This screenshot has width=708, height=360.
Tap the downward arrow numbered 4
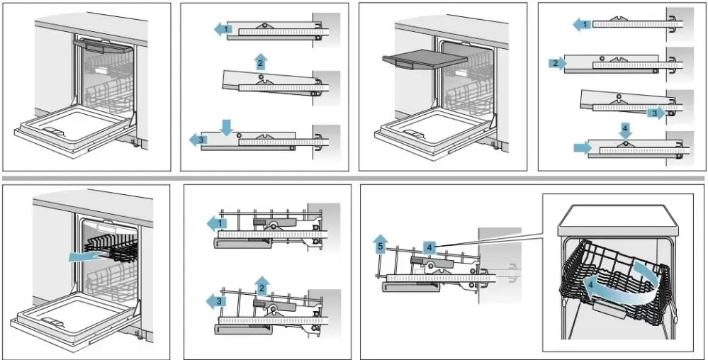[x=624, y=130]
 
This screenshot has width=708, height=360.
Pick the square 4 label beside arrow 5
[x=429, y=247]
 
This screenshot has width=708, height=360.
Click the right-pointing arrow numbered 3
[x=657, y=112]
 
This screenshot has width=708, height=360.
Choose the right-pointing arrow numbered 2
[x=556, y=64]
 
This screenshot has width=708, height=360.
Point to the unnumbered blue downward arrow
[x=226, y=127]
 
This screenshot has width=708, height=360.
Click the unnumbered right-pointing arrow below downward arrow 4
[x=581, y=147]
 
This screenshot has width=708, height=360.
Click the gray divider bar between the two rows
[x=354, y=177]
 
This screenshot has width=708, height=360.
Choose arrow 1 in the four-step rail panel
[x=582, y=25]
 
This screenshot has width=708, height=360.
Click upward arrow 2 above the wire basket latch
[x=262, y=285]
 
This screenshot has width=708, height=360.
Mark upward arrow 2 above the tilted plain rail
[x=261, y=61]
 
